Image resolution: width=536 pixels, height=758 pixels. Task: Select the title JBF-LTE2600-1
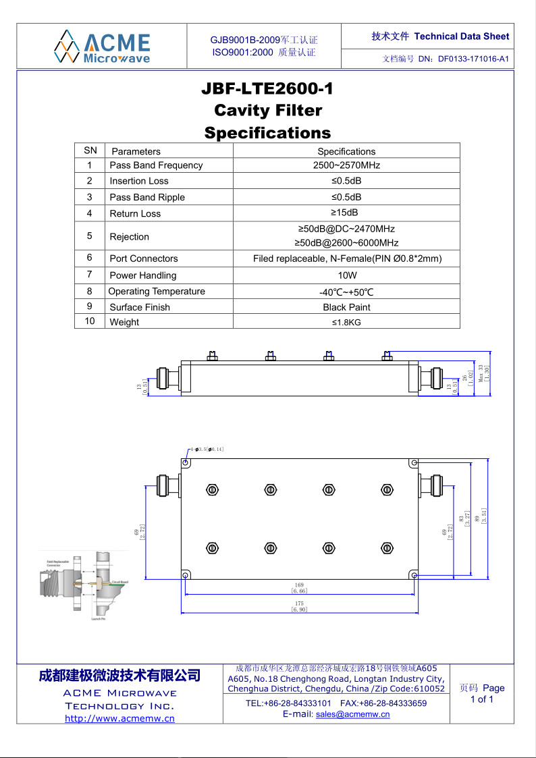(x=268, y=89)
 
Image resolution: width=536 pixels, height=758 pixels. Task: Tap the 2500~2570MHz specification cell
(x=346, y=165)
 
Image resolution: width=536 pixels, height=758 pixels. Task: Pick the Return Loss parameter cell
(x=135, y=213)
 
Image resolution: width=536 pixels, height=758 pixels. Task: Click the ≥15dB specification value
(x=346, y=213)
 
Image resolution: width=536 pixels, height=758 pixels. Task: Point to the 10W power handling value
(x=346, y=275)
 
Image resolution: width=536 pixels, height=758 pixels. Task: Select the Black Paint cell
(x=346, y=307)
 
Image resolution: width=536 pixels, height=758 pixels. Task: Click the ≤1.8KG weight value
(x=346, y=322)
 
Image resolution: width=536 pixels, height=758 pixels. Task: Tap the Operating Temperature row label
(x=157, y=292)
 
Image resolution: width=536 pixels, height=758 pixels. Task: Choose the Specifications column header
(x=346, y=151)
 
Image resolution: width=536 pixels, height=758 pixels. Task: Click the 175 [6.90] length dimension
(x=299, y=605)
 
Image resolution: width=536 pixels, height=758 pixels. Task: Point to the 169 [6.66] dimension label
(x=299, y=588)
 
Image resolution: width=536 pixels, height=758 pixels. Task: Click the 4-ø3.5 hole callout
(x=207, y=449)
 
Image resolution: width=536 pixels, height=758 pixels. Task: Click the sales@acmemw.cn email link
(x=352, y=714)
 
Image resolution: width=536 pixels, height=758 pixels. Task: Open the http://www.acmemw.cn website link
(x=119, y=718)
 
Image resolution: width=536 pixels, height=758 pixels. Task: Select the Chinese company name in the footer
(x=119, y=675)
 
